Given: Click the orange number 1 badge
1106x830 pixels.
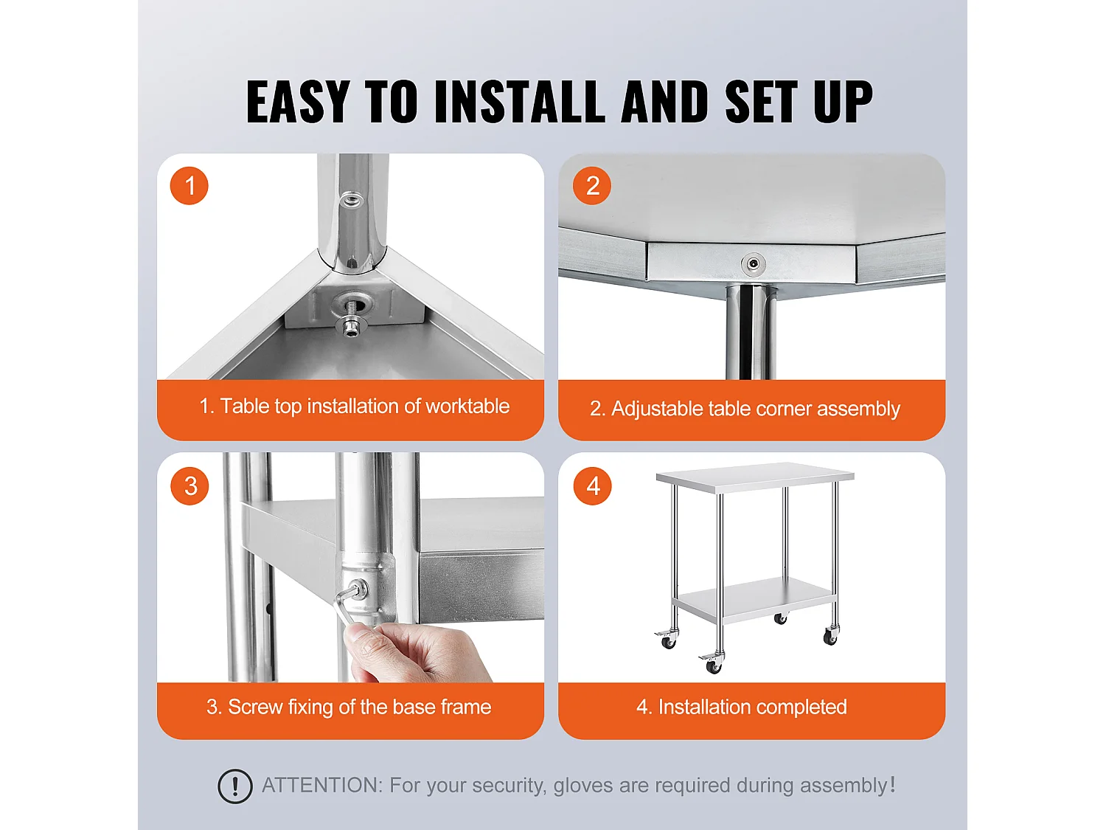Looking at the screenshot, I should pos(189,185).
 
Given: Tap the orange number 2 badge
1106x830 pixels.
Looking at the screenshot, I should pos(592,185).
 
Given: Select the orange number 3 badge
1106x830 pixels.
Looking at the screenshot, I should pos(190,485).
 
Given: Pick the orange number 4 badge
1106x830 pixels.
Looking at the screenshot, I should pos(593,485).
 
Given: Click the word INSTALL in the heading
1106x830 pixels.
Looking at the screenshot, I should pos(520,102).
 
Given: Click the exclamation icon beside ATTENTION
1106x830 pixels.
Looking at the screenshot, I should pos(235,786).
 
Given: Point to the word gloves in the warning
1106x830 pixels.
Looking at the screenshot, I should pos(582,786).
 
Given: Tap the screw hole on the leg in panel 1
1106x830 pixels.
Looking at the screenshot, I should pos(352,199).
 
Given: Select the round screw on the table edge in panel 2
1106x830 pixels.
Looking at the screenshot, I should pos(753,263).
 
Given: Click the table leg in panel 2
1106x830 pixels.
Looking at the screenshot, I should pos(750,332).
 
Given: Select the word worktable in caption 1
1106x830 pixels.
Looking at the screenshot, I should pos(467,407).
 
